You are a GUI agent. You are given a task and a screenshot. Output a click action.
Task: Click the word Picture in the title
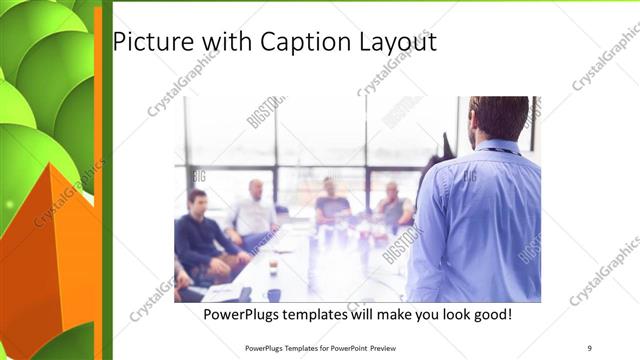pyautogui.click(x=147, y=43)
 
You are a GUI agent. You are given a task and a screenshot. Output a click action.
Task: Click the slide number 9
pyautogui.click(x=590, y=347)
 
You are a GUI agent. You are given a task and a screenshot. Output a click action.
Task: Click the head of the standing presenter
pyautogui.click(x=499, y=117)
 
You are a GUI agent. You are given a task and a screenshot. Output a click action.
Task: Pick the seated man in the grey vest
pyautogui.click(x=392, y=207)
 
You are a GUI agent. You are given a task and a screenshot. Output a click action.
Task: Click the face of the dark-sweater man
pyautogui.click(x=198, y=201)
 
